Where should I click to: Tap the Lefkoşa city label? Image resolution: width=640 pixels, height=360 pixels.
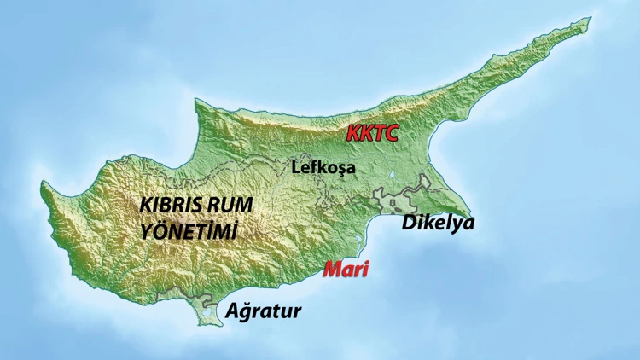coord(323,167)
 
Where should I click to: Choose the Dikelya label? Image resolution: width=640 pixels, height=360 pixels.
coord(438,224)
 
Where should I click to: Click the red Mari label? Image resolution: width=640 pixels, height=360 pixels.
coord(346,270)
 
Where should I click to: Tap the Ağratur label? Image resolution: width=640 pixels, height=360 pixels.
coord(264,311)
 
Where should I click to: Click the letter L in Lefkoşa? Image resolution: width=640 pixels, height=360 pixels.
coord(296,167)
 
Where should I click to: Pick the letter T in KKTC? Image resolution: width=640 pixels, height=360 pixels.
coord(378,133)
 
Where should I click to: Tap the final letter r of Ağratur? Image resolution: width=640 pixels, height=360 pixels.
coord(296,312)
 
